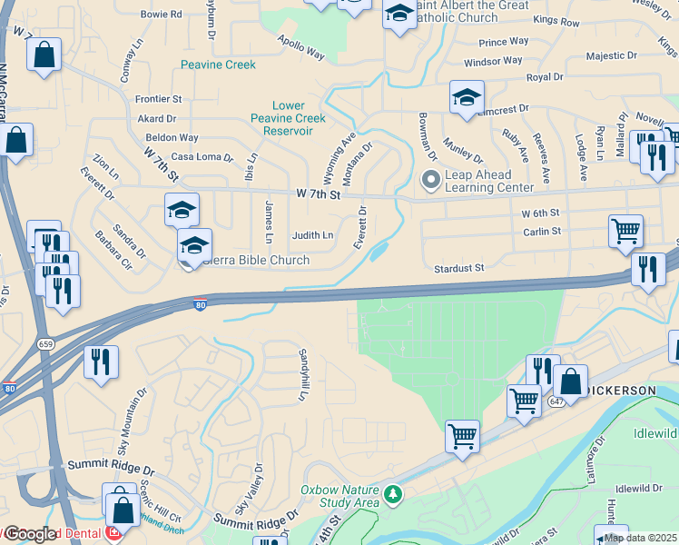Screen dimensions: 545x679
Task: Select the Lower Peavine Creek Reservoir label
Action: click(288, 118)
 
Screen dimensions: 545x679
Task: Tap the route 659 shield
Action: click(45, 343)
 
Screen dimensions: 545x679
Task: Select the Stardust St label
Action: click(459, 269)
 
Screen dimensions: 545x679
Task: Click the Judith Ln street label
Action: click(312, 235)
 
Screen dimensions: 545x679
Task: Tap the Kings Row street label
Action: click(556, 20)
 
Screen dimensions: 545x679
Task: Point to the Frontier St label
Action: click(159, 99)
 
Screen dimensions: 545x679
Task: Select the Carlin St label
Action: click(542, 231)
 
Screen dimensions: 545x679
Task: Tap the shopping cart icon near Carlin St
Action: click(625, 231)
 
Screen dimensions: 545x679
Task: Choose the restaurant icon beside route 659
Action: click(101, 362)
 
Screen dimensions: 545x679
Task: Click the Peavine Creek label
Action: click(218, 64)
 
